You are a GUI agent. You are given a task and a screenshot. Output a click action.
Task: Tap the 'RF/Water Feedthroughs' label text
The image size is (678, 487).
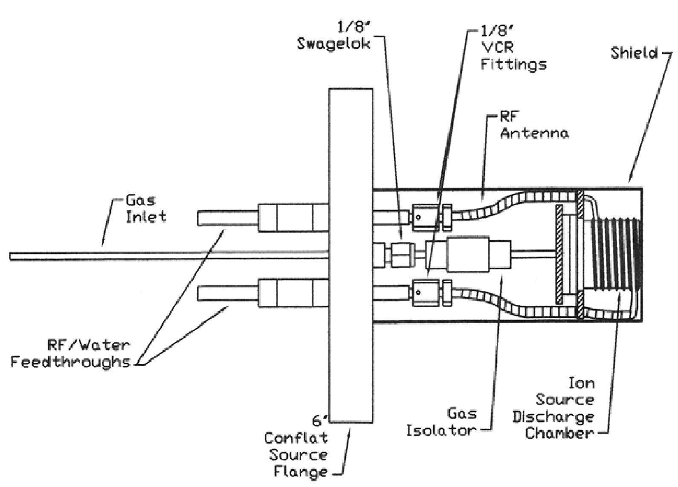pos(70,354)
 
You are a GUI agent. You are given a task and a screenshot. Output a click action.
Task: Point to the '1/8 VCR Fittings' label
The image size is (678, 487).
pos(513,47)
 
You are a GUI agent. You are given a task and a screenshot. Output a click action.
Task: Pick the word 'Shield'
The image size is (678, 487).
pos(634,53)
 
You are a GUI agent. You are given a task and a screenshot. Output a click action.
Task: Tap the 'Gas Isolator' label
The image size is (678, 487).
pos(441,422)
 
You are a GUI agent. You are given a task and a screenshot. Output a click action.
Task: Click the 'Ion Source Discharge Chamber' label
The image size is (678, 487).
pos(559,408)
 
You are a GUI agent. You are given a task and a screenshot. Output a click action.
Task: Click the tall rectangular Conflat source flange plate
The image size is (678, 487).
pos(351,256)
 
